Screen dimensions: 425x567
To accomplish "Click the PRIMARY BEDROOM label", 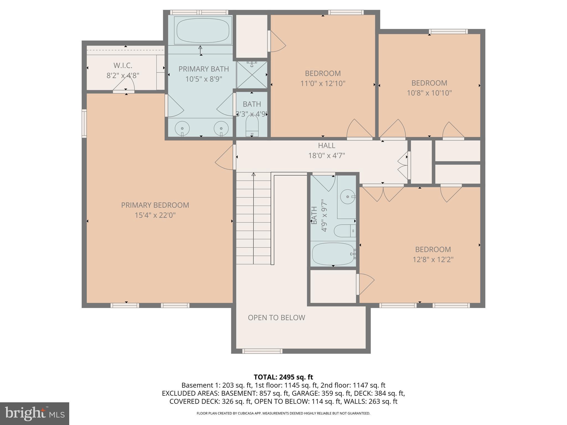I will [x=155, y=205].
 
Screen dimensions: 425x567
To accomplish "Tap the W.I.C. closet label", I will [x=123, y=66].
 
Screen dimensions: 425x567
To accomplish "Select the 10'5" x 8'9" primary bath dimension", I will [x=204, y=79].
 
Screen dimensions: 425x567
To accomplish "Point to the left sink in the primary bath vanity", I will [x=182, y=128].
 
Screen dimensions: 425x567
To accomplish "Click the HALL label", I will [x=326, y=145].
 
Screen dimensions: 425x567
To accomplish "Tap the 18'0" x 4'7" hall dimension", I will [x=326, y=156].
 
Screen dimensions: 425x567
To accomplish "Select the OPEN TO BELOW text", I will [x=276, y=317].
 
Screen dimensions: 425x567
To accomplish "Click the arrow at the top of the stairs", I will [x=253, y=174].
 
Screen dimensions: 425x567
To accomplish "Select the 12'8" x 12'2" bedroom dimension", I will [x=433, y=260].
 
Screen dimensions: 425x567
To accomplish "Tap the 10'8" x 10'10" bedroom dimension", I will [x=429, y=93].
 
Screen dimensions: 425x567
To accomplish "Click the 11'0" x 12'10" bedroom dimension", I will [x=323, y=83].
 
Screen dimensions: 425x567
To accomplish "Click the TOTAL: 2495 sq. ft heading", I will [x=283, y=377].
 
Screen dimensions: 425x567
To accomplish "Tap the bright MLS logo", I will [x=34, y=413].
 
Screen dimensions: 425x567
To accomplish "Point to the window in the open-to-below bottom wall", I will [x=262, y=351].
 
